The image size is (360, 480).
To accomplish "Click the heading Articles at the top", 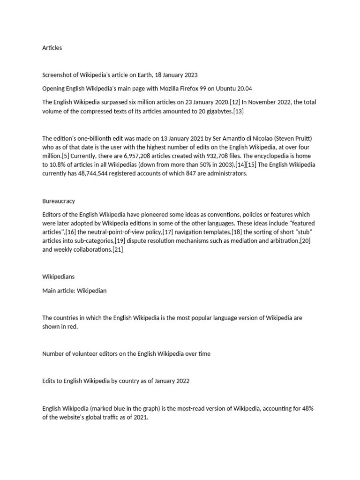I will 52,48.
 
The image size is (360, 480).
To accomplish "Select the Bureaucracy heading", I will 59,201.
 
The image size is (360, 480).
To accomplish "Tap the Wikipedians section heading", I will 59,277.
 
